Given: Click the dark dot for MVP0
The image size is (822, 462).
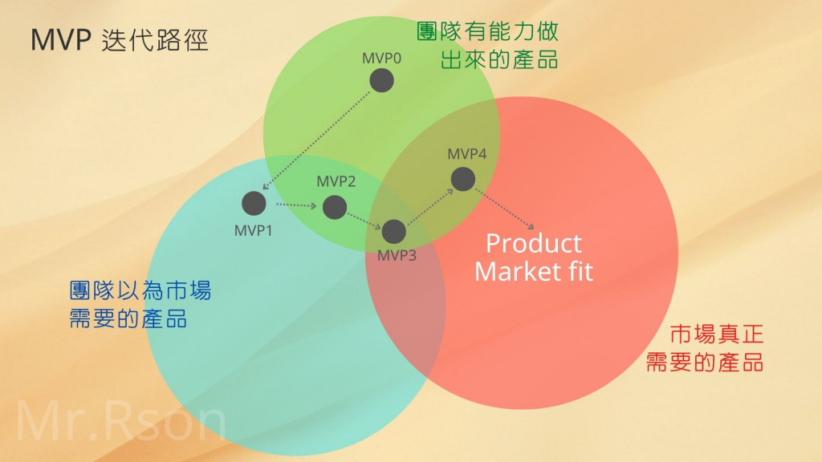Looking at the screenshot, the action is [x=381, y=80].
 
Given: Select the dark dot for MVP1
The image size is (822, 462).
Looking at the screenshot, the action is [x=254, y=203].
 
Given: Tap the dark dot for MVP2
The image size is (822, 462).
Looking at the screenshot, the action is [x=335, y=208].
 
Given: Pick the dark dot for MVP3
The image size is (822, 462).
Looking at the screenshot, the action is [x=393, y=231].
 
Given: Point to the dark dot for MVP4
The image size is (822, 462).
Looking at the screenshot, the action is [x=462, y=179].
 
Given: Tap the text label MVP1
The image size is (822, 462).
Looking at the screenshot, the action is [x=254, y=231].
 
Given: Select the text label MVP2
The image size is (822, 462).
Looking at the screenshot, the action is [x=336, y=181].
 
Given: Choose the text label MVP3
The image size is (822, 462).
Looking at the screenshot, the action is [x=397, y=256].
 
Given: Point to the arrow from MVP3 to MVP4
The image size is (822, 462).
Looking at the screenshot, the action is [x=427, y=205].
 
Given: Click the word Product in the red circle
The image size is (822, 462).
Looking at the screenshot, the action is [x=534, y=243].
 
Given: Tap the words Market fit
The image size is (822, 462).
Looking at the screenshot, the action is [x=534, y=271].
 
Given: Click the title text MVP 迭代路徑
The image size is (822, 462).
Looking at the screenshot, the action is [x=120, y=41].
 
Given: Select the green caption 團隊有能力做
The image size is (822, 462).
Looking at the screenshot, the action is [x=488, y=31].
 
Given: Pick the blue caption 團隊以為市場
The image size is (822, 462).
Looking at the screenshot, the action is [x=140, y=290].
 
